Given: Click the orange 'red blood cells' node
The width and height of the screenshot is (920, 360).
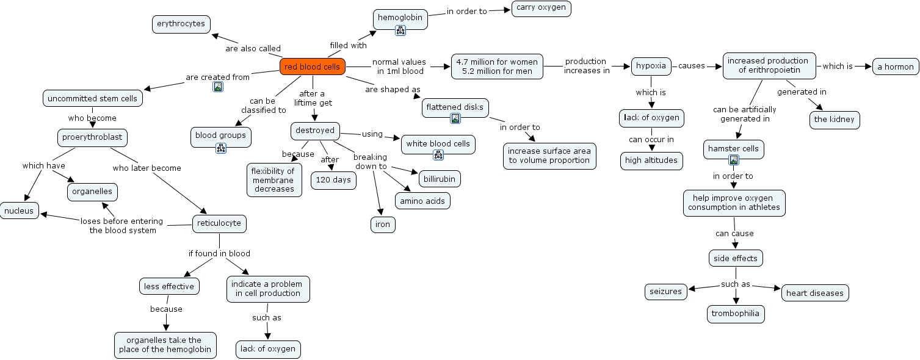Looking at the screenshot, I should click(x=313, y=67).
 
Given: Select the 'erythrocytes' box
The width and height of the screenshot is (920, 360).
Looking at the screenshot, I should click(x=181, y=24).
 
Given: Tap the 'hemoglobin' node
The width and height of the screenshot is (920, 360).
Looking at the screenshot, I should click(x=400, y=18).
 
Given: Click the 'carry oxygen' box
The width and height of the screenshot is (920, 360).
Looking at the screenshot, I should click(x=541, y=8).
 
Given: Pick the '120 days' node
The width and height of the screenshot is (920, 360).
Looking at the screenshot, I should click(x=333, y=181).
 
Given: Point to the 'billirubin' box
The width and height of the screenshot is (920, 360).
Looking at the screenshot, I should click(x=439, y=179).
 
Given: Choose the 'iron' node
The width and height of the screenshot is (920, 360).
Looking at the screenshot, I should click(x=383, y=225).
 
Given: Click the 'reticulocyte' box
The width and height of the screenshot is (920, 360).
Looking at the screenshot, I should click(x=219, y=224).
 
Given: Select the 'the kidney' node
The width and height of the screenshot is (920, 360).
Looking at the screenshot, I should click(x=835, y=120).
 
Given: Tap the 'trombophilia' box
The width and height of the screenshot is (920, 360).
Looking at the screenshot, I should click(x=736, y=314).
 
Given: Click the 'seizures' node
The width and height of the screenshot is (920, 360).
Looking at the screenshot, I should click(x=665, y=292).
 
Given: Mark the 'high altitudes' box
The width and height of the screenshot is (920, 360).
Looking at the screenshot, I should click(x=651, y=160).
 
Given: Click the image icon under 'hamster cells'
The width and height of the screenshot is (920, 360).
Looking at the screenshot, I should click(x=734, y=160).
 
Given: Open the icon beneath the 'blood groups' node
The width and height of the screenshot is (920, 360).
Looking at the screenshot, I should click(x=221, y=148).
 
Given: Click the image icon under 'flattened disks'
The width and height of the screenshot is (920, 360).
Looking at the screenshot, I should click(x=455, y=118).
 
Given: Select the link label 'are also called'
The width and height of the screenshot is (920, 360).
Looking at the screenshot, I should click(x=253, y=48).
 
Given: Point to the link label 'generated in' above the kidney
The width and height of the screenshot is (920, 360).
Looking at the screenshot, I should click(x=802, y=92).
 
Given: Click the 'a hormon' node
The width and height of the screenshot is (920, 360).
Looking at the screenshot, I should click(x=896, y=67).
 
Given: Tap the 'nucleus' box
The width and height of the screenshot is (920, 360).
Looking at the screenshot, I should click(x=19, y=211).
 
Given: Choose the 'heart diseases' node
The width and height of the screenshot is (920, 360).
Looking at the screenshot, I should click(x=814, y=293).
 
